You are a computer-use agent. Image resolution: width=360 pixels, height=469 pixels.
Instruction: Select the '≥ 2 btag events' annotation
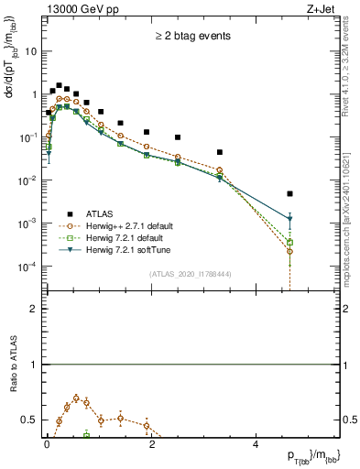pyautogui.click(x=191, y=37)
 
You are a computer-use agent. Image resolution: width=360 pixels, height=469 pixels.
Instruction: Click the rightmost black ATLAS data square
pyautogui.click(x=289, y=194)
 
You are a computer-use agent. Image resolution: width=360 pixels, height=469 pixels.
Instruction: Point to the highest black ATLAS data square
pyautogui.click(x=59, y=85)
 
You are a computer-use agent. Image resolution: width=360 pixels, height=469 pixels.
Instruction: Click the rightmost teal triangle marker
pyautogui.click(x=289, y=220)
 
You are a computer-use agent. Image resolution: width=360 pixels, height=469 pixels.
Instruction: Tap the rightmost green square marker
pyautogui.click(x=289, y=242)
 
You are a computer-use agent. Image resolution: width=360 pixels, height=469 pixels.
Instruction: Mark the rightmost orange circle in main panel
pyautogui.click(x=289, y=251)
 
